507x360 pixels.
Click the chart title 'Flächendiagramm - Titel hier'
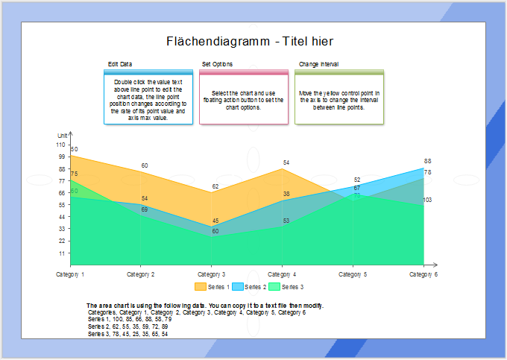249,42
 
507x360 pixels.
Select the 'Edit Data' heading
120,65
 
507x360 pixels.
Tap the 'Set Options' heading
217,65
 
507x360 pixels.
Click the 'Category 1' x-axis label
70,274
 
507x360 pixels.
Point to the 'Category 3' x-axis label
212,274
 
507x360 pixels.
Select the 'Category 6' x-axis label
423,274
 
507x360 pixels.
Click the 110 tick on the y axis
60,145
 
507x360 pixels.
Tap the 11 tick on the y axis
62,253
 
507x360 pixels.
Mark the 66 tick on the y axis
62,193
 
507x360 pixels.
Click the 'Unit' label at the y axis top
62,135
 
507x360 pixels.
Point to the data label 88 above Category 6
428,161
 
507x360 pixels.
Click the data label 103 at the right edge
428,200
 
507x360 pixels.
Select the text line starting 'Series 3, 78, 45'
127,334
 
